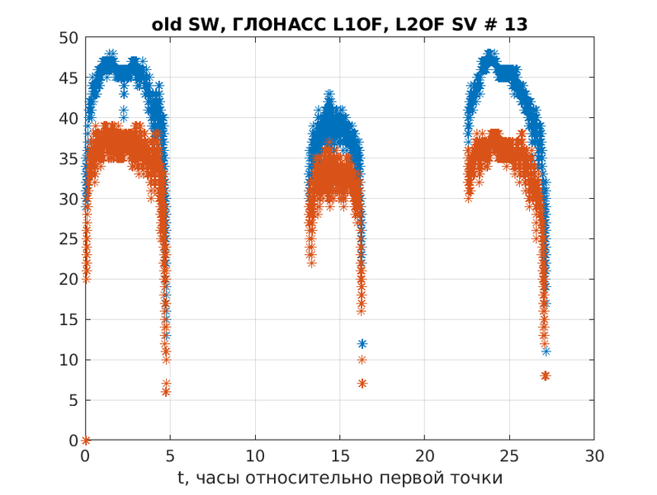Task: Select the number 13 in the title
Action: (x=516, y=25)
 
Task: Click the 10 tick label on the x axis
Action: (x=255, y=455)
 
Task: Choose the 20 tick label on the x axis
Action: (x=424, y=455)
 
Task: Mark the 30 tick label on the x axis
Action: (x=593, y=455)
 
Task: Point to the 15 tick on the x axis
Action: (x=339, y=455)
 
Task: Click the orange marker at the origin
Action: (x=85, y=441)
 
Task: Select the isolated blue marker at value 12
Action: (x=362, y=344)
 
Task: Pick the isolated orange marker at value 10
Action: (x=362, y=360)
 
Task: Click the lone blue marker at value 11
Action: (x=546, y=351)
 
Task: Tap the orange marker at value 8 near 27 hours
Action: (x=545, y=375)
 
